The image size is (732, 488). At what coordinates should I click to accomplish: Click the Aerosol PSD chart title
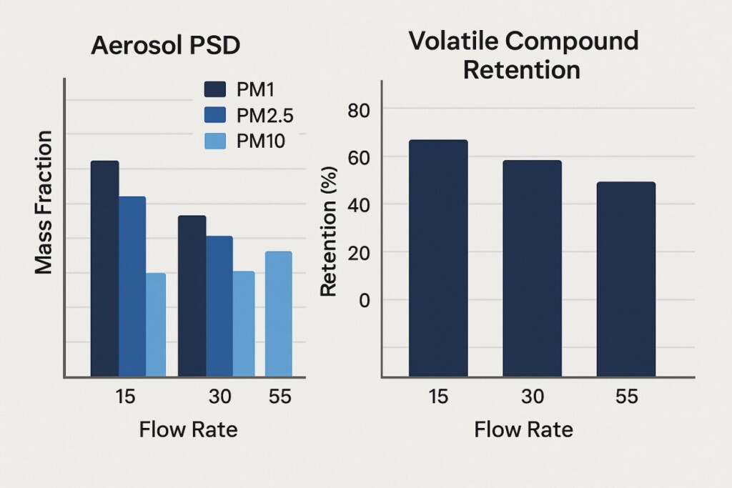[165, 46]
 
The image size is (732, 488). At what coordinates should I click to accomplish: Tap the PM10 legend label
[260, 141]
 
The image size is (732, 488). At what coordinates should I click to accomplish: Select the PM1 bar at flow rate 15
[104, 268]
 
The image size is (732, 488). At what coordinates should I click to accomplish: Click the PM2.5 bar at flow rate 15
[132, 286]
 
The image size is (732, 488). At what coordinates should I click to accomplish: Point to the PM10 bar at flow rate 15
[155, 324]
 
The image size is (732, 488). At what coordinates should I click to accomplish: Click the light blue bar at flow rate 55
[278, 314]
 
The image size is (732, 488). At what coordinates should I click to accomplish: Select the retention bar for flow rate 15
[438, 258]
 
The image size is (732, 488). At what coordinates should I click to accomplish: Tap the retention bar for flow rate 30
[532, 268]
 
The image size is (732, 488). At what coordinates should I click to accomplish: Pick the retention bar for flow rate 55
[625, 279]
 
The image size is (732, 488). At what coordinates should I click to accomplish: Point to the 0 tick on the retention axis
[365, 300]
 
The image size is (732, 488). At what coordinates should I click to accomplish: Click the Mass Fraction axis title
[44, 202]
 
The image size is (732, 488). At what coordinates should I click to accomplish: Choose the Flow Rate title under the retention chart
[523, 430]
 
